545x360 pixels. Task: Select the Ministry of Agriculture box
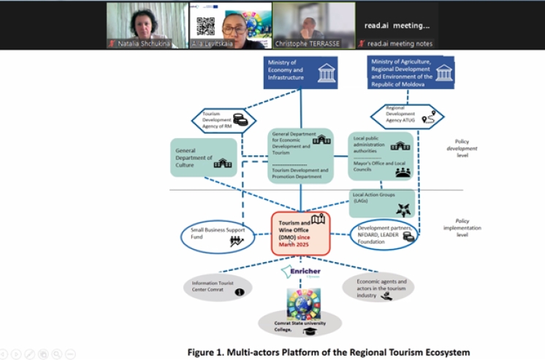point(411,72)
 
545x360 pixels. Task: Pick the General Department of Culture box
point(204,157)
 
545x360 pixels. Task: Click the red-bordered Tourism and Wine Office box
point(300,234)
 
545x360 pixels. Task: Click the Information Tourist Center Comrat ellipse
point(216,287)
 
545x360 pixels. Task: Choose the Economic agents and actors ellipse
point(377,286)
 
